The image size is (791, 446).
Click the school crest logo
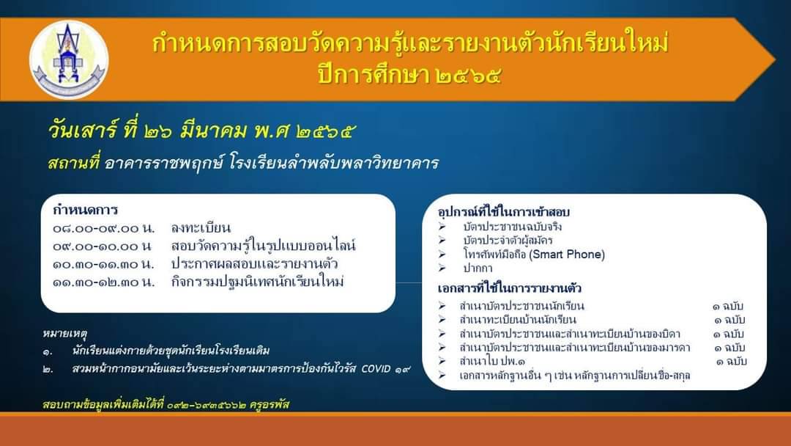(69, 59)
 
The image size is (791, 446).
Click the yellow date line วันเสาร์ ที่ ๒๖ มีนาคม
(147, 131)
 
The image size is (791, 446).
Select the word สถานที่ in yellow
(74, 163)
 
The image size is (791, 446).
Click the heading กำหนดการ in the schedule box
(85, 209)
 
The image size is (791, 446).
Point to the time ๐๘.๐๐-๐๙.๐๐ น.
(103, 228)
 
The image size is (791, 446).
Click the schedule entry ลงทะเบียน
(201, 228)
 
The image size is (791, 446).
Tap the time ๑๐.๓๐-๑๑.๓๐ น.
(103, 264)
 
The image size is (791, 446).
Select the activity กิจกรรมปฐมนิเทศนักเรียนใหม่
(257, 282)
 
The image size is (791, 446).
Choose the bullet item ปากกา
(478, 268)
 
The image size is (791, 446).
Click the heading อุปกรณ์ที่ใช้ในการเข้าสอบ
(503, 212)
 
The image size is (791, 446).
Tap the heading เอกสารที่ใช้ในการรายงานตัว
(510, 288)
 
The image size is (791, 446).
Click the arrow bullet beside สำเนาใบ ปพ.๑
(442, 361)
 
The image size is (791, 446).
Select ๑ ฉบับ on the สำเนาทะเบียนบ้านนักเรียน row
(729, 320)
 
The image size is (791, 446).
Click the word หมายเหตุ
(65, 333)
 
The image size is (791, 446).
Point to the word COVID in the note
(376, 369)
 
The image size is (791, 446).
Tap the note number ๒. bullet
(48, 369)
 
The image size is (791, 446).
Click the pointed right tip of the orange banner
(774, 59)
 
